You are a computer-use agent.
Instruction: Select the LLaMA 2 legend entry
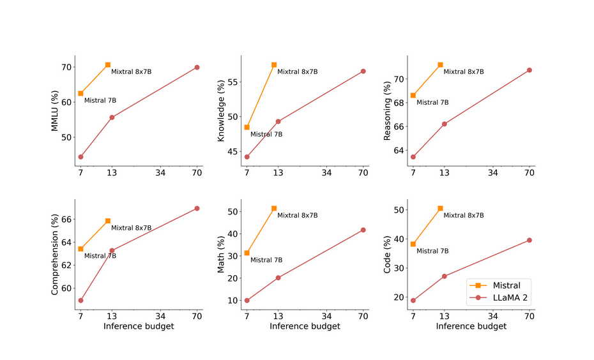pos(498,298)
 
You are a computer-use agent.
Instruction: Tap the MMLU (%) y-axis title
pos(54,111)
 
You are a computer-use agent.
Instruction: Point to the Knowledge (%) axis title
pos(221,110)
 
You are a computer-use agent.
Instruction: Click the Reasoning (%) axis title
pos(387,110)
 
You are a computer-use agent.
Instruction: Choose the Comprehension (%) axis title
pos(54,255)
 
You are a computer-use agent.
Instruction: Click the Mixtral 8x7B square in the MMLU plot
pos(108,64)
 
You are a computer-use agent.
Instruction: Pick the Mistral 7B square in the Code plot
pos(413,244)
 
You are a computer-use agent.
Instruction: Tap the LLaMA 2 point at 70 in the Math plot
pos(363,230)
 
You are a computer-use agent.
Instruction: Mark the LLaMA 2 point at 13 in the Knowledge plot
pos(278,121)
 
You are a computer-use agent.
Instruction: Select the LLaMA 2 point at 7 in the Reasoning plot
pos(413,157)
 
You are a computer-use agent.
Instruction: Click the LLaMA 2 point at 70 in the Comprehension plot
pos(197,208)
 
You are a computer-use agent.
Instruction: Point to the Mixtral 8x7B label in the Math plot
pos(298,215)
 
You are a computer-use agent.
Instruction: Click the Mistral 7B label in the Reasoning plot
pos(432,102)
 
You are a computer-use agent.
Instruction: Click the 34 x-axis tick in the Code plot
pos(493,316)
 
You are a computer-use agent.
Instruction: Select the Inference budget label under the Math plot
pos(305,326)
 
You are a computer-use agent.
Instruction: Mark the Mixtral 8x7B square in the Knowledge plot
pos(274,64)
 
